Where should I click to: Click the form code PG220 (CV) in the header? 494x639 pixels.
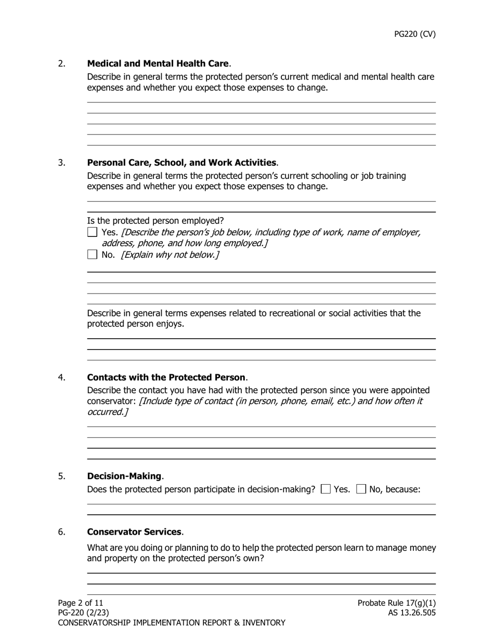[x=414, y=34]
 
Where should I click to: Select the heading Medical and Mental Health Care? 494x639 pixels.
[x=158, y=63]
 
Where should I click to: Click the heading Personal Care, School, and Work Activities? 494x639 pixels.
[x=181, y=163]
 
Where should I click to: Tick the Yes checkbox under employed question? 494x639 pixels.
[x=92, y=232]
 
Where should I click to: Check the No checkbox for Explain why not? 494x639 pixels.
[x=92, y=255]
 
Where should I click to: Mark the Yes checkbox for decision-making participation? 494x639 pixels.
[x=326, y=489]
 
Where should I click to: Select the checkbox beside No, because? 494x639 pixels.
[x=361, y=489]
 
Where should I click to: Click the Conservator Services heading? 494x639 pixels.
[x=134, y=532]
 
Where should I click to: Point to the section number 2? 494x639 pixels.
[x=62, y=63]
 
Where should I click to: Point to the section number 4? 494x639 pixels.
[x=62, y=377]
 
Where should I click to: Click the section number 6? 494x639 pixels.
[x=62, y=532]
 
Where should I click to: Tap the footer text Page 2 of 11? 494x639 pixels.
[x=81, y=603]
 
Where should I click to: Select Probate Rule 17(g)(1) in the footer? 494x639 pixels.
[x=397, y=603]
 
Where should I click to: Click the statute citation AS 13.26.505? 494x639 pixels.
[x=412, y=613]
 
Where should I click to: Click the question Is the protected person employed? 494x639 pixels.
[x=155, y=220]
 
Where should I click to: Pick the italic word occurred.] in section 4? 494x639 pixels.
[x=107, y=412]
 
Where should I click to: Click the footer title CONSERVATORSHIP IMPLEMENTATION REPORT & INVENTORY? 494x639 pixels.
[x=172, y=622]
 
